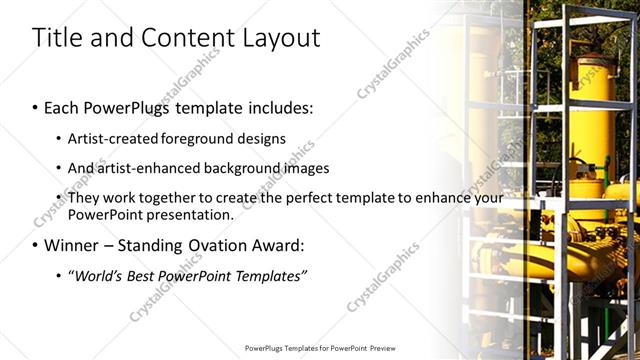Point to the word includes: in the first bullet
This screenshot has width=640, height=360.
tap(277, 106)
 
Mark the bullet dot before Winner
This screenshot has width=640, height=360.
tap(36, 246)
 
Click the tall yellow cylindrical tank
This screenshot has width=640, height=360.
tap(591, 130)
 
